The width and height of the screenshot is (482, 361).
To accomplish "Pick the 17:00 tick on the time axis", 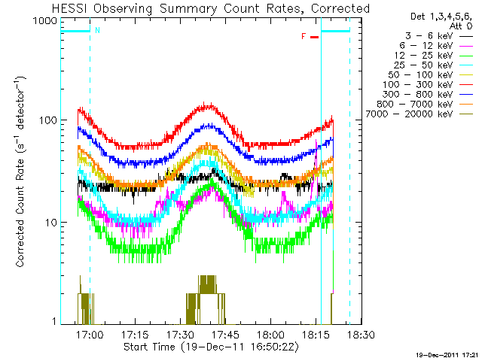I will [x=90, y=334].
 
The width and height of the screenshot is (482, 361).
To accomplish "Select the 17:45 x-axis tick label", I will [x=226, y=334].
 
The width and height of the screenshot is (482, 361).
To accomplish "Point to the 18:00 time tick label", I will [x=270, y=334].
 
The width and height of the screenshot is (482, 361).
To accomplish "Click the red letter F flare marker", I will [x=304, y=36].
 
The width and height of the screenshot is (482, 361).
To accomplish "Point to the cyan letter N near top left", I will [x=96, y=31].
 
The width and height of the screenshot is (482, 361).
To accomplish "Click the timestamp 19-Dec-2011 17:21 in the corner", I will [x=447, y=353].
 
